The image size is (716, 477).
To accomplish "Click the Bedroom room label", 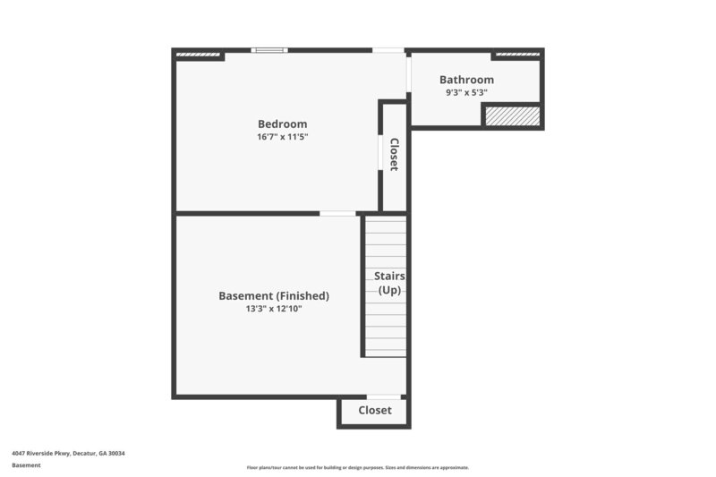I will point(282,124).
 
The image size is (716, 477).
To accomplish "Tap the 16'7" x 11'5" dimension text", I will point(282,137).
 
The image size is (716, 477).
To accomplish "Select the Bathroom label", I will point(466,80).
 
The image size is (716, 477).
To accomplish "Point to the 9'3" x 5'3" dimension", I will point(466,92).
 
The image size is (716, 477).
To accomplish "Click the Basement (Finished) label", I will point(274,296).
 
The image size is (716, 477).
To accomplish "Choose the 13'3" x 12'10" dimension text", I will point(274,309).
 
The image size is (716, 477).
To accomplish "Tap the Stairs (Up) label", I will point(389,283).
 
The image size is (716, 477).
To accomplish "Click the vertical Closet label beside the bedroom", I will point(394,154).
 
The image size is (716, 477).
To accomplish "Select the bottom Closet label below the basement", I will point(375,411).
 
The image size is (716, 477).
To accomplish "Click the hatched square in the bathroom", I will point(512,116).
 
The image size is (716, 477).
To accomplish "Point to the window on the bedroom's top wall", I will point(268,50).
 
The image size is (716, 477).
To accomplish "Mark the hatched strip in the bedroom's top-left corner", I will point(198,55).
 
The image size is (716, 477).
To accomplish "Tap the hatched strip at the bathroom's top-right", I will point(517,55).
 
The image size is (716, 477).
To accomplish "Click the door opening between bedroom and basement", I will point(337,213).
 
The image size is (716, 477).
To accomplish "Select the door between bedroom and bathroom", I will point(408,74).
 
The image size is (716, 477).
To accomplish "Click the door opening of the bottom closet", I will point(383,396).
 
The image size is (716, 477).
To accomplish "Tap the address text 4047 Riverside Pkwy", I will point(69,454).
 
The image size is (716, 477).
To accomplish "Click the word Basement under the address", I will point(27,465).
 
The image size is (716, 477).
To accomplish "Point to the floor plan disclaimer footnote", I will point(358,467).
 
